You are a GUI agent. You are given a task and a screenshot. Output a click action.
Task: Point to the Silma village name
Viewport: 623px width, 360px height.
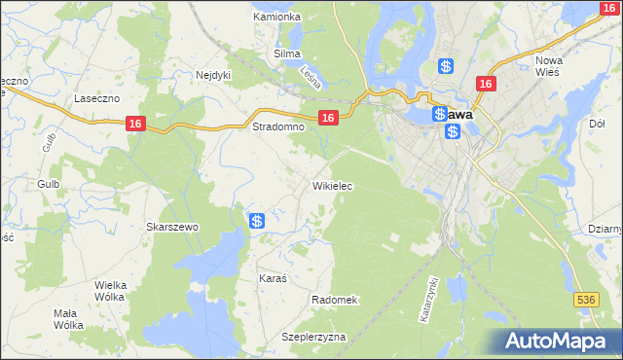click(x=287, y=54)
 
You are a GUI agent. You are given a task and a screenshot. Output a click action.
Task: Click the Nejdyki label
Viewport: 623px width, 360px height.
click(x=213, y=74)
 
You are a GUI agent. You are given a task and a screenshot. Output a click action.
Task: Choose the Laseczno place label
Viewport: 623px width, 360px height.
click(x=96, y=98)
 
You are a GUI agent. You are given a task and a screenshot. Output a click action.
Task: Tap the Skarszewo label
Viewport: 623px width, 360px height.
click(x=172, y=227)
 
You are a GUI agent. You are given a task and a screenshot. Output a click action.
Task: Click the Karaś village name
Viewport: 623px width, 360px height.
click(x=273, y=278)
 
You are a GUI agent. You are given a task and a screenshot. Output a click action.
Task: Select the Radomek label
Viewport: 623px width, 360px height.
click(x=336, y=300)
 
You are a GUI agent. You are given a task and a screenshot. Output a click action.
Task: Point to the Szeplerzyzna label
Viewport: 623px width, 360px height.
click(x=313, y=337)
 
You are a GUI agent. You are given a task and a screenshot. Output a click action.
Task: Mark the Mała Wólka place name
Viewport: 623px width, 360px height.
click(x=69, y=319)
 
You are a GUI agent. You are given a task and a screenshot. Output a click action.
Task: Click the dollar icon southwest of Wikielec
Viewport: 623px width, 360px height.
click(x=257, y=222)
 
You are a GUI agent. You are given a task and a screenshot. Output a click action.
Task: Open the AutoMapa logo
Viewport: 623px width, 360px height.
click(x=555, y=341)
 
